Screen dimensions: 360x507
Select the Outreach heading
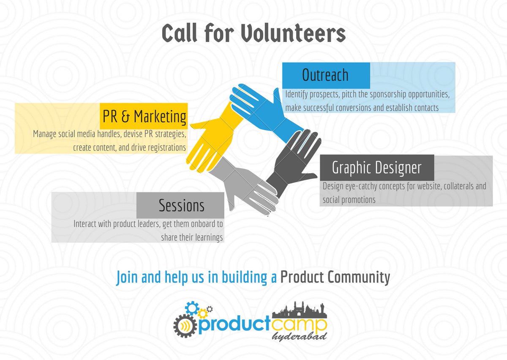point(325,75)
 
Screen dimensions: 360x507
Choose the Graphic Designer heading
point(376,168)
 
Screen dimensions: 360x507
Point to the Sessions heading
point(181,205)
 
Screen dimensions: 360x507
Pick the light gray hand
point(245,186)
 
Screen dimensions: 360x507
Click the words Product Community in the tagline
point(335,277)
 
